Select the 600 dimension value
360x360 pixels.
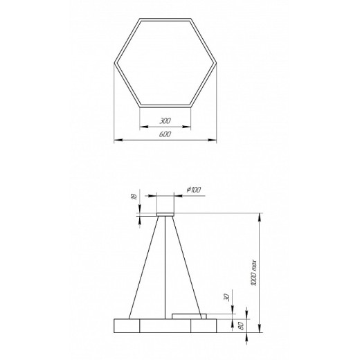coord(165,134)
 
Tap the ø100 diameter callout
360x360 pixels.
coord(193,189)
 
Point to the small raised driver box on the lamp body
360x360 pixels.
coord(189,316)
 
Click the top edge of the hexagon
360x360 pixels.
coord(165,18)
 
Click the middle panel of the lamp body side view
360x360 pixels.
coord(165,326)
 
